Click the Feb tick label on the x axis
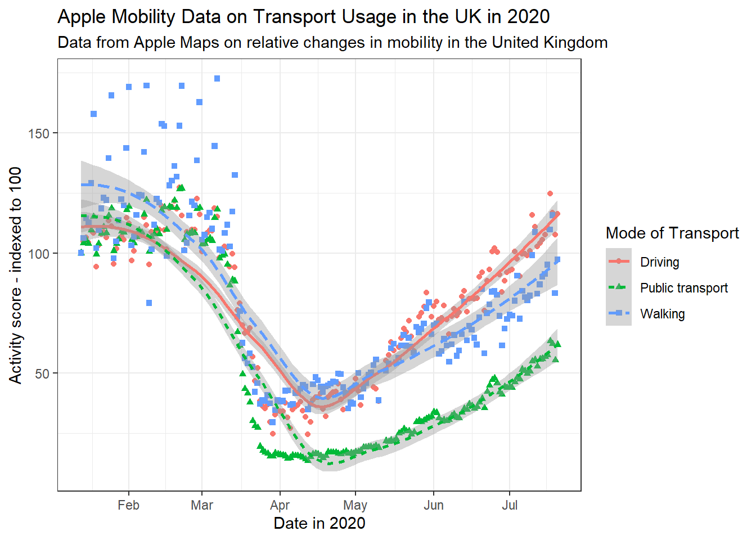(x=128, y=505)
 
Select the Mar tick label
(x=202, y=505)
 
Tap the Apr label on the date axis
(x=280, y=505)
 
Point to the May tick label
(x=355, y=505)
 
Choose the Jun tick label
(x=434, y=505)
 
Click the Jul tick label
(x=510, y=505)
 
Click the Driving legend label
(x=660, y=262)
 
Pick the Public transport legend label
(x=684, y=288)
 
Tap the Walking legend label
(x=663, y=314)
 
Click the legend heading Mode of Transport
(x=672, y=233)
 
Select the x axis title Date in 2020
(x=319, y=524)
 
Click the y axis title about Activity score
(x=16, y=275)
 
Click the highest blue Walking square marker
(x=217, y=79)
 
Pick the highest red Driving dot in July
(x=550, y=193)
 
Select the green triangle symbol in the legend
(x=619, y=287)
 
